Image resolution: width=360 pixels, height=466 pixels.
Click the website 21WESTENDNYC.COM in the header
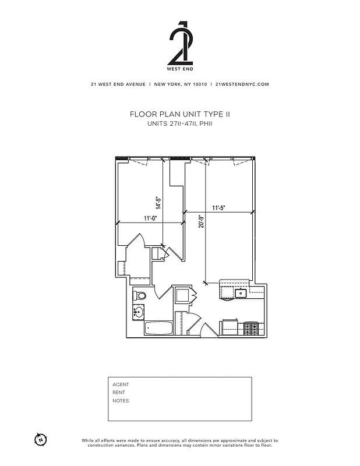click(x=242, y=84)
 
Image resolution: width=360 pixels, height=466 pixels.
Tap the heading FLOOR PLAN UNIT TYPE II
click(x=179, y=115)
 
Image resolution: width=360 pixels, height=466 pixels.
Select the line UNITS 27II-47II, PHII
click(x=179, y=124)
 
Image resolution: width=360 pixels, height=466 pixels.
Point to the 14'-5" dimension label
click(x=158, y=202)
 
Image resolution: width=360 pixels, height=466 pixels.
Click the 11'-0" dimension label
click(x=152, y=218)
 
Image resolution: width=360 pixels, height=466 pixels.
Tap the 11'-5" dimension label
click(x=218, y=207)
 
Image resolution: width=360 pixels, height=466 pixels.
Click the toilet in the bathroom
click(x=139, y=296)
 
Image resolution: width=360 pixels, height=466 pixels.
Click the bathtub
click(x=158, y=329)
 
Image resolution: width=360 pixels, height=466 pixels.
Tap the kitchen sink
click(x=240, y=292)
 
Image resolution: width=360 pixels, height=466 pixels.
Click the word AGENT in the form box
click(x=121, y=384)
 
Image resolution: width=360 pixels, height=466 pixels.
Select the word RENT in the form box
click(x=119, y=393)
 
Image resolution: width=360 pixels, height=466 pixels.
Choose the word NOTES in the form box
click(x=121, y=401)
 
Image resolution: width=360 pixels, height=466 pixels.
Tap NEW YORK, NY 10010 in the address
click(x=180, y=84)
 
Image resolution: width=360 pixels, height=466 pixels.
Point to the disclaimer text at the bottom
click(x=179, y=443)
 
